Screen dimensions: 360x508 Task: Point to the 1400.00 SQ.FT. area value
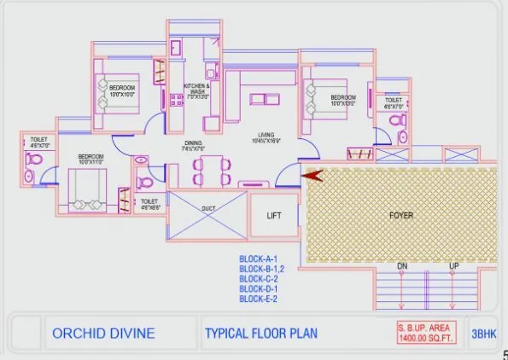[427, 339]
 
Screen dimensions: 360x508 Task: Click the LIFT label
[275, 216]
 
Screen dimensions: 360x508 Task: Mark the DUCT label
[207, 206]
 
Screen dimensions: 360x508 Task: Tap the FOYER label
[401, 215]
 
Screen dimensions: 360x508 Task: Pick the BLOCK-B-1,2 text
[261, 269]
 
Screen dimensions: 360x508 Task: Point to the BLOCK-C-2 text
[259, 278]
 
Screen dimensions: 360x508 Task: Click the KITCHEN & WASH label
[197, 90]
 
